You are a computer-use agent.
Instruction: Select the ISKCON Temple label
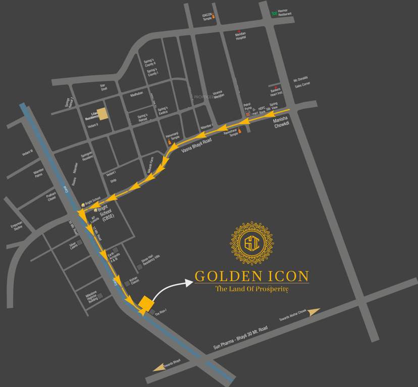point(207,16)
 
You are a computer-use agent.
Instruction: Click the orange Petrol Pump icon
point(247,115)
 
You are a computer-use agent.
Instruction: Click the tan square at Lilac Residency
point(102,114)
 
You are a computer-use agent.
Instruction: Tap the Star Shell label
point(103,87)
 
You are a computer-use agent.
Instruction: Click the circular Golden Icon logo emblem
point(252,243)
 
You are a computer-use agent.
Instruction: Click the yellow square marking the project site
point(146,303)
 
